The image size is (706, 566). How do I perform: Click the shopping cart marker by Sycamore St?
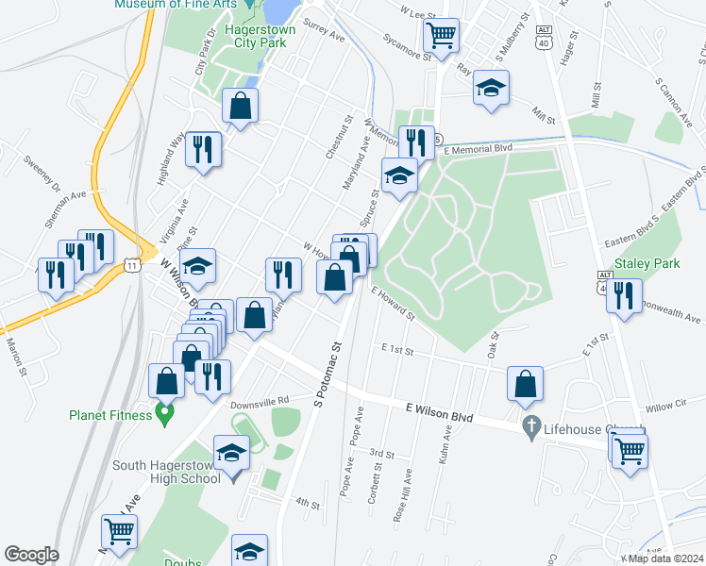pyautogui.click(x=442, y=36)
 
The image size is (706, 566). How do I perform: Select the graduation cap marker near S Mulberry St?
pyautogui.click(x=491, y=88)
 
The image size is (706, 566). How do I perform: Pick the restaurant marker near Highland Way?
pyautogui.click(x=204, y=148)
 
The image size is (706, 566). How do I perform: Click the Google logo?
pyautogui.click(x=31, y=555)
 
